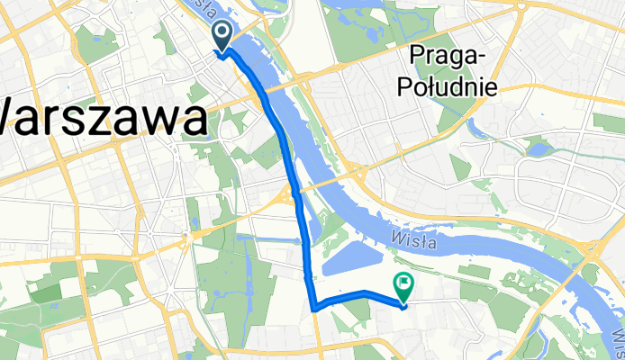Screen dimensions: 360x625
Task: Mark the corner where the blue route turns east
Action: [313, 308]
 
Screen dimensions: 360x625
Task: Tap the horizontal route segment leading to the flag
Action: [356, 296]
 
